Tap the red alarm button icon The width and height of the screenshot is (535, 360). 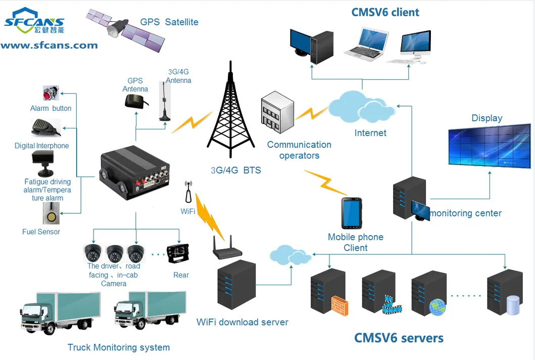click(51, 94)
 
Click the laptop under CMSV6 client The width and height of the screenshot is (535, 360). click(366, 45)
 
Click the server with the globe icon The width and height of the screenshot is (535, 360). click(430, 294)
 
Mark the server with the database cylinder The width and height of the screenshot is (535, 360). click(504, 294)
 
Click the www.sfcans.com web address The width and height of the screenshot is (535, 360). click(49, 46)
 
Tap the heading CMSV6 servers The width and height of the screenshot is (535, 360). click(399, 337)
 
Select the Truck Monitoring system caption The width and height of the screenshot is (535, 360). click(119, 347)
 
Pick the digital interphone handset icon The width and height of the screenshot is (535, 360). click(45, 127)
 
